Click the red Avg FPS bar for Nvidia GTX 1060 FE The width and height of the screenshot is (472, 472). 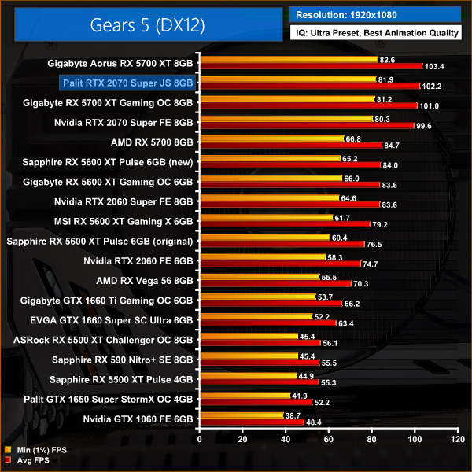click(x=252, y=422)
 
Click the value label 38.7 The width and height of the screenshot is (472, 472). click(x=293, y=415)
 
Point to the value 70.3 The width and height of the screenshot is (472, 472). click(x=363, y=283)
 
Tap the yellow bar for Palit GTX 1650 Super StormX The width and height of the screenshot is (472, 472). click(x=245, y=395)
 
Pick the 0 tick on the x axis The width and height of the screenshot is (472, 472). click(x=201, y=439)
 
